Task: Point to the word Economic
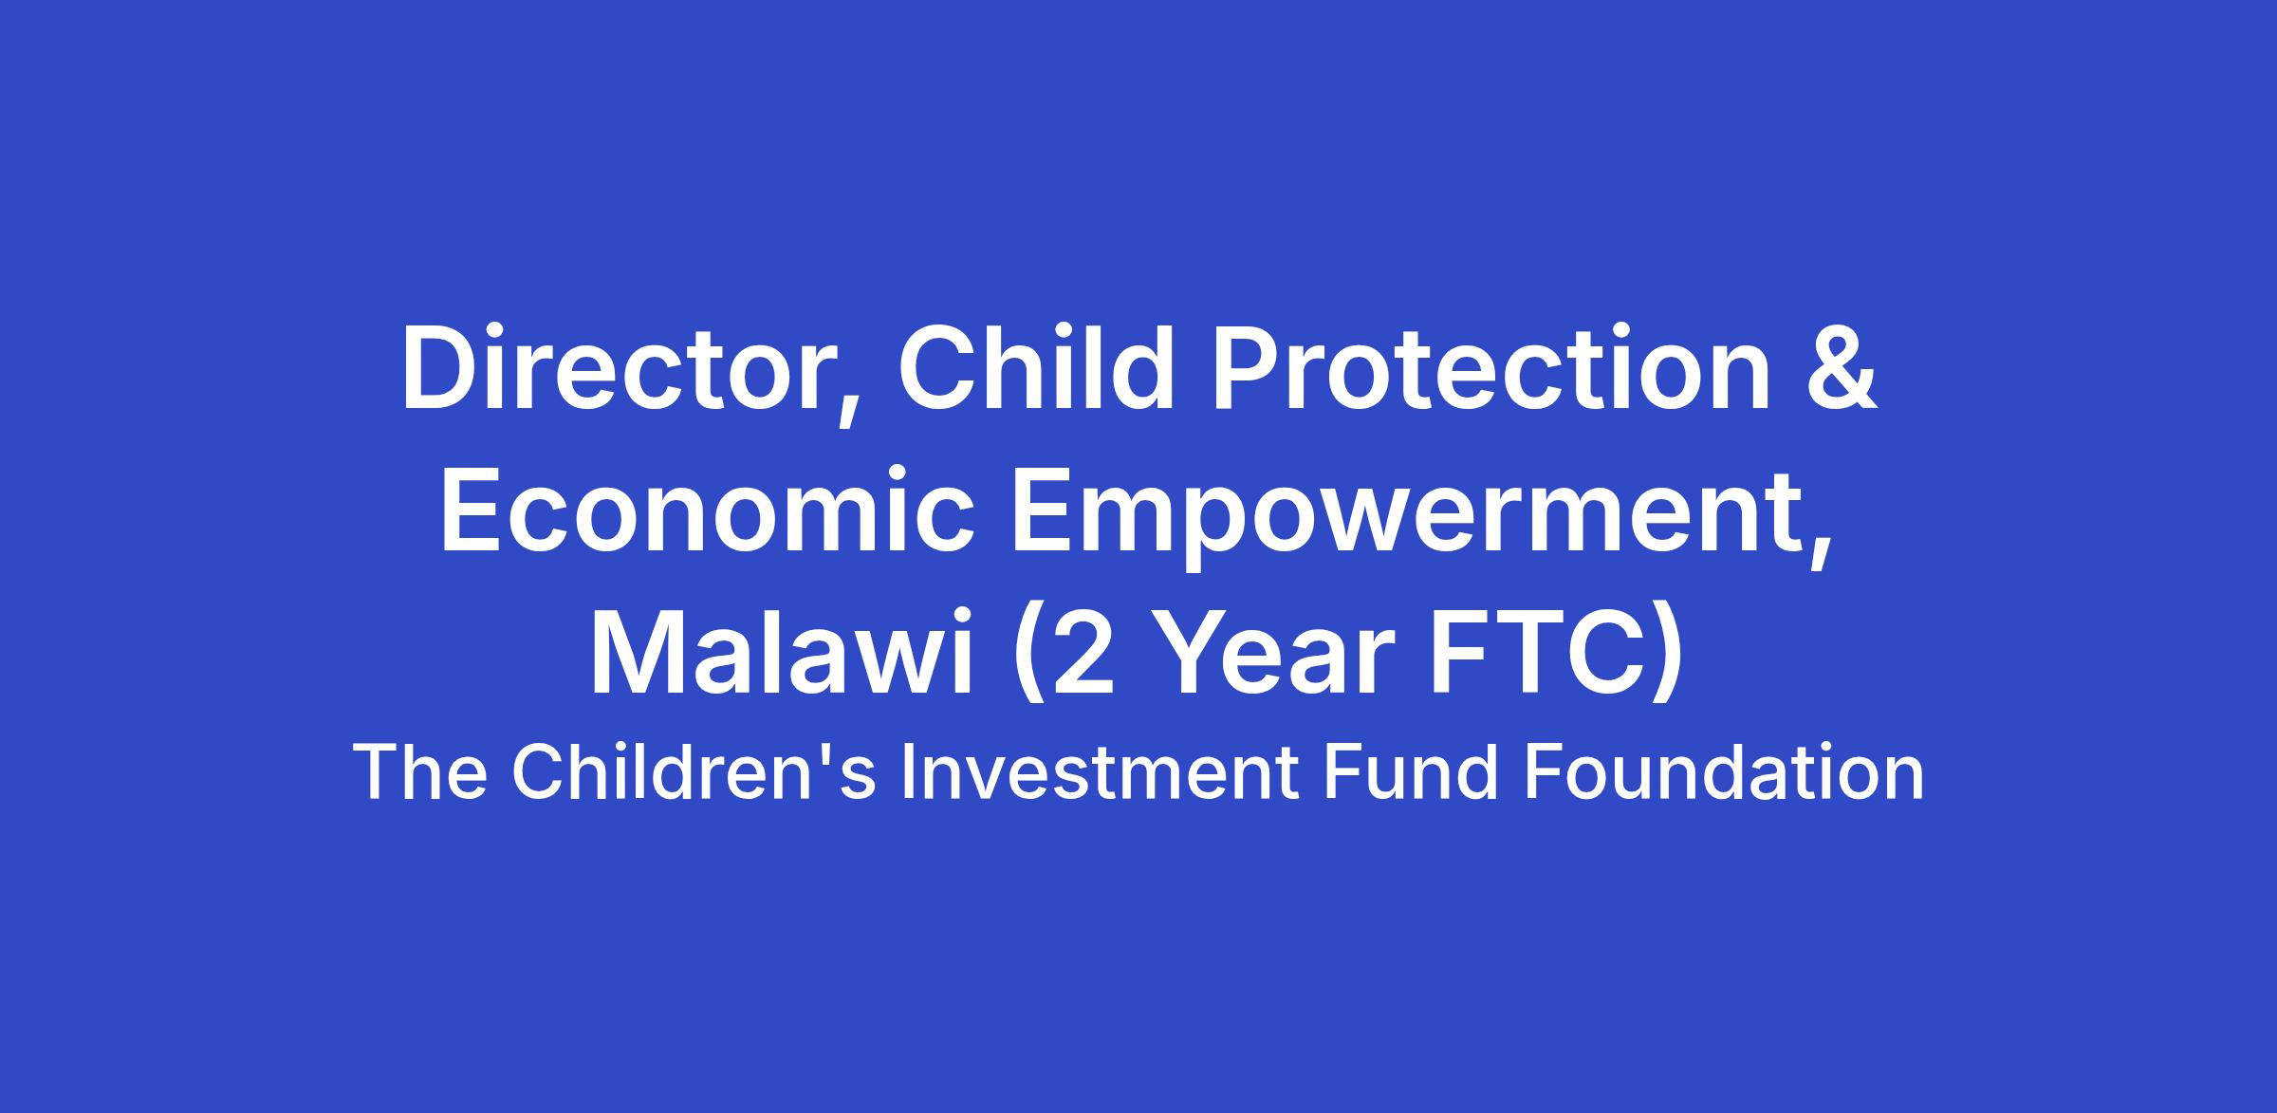[707, 510]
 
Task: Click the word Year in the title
[1277, 654]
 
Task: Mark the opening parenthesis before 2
[1028, 659]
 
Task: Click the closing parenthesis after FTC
[1668, 659]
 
